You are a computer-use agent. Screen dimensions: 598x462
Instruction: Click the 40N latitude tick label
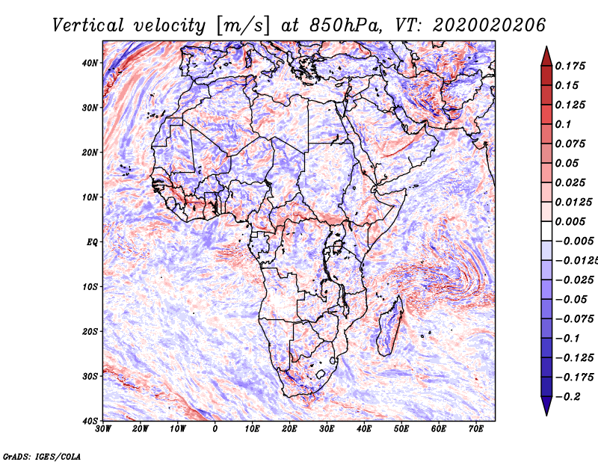coord(90,63)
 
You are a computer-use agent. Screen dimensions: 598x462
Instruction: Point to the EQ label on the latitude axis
coord(92,242)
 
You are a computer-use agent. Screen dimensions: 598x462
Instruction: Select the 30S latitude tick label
coord(90,376)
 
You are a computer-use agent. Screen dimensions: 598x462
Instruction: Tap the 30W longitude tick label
coord(103,429)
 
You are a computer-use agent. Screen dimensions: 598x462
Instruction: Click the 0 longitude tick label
coord(215,429)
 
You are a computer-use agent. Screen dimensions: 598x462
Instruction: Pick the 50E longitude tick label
coord(401,429)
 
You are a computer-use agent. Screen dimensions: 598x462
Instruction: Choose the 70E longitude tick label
coord(475,429)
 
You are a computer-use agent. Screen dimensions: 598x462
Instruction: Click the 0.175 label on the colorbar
coord(570,66)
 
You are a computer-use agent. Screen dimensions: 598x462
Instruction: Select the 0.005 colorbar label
coord(570,221)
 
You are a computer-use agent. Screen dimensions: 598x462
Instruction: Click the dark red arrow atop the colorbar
coord(546,56)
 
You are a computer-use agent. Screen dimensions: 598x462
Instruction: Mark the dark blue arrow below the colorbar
coord(546,406)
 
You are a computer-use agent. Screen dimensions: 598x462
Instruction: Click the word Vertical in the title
coord(88,25)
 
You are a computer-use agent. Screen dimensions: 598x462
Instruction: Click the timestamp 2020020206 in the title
coord(490,25)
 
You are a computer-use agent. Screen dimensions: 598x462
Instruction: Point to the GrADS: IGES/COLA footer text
coord(42,457)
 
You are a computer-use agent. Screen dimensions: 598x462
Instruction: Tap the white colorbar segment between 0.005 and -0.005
coord(546,231)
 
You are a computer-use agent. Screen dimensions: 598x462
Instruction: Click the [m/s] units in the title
coord(244,25)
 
